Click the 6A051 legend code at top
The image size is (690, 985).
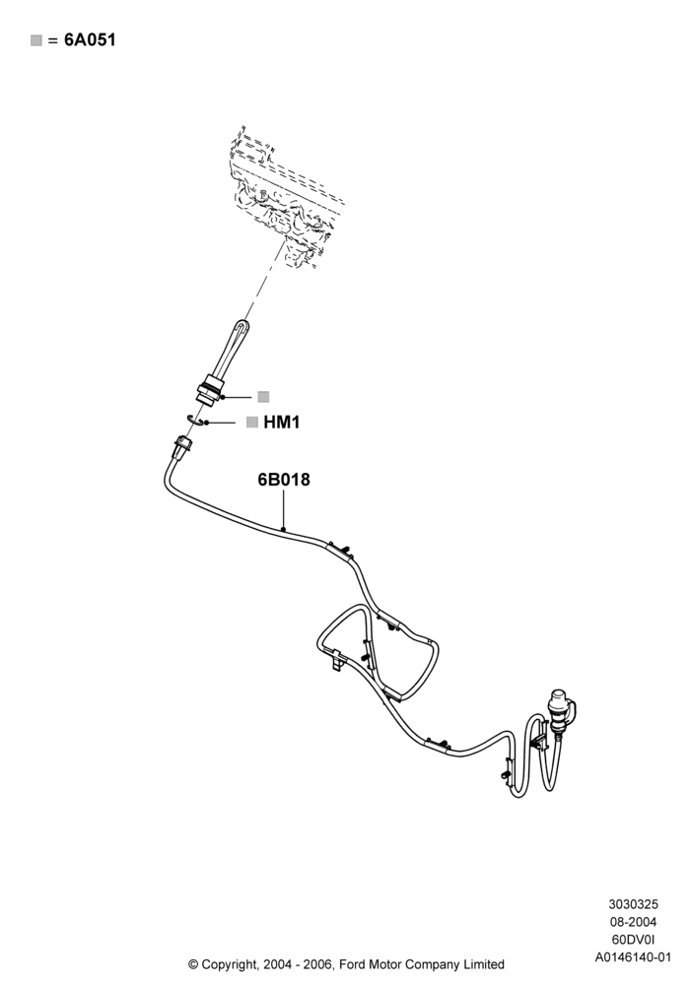tap(90, 40)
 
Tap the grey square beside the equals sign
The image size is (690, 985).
tap(36, 40)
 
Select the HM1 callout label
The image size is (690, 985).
tap(282, 423)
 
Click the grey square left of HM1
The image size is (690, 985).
tap(252, 423)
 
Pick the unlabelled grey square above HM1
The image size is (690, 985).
tap(263, 396)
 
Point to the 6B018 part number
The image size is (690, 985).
tap(284, 480)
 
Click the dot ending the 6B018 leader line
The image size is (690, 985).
tap(284, 530)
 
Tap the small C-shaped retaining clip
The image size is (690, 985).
tap(196, 421)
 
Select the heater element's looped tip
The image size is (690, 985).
tap(241, 328)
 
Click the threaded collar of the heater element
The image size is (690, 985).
tap(208, 389)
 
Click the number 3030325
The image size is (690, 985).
tap(633, 904)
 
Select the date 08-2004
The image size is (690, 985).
tap(633, 922)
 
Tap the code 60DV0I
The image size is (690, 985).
tap(633, 940)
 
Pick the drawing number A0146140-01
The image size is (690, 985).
tap(633, 957)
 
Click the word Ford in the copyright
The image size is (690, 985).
tap(355, 964)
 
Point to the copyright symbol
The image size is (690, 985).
tap(193, 964)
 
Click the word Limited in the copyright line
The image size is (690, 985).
tap(483, 964)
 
